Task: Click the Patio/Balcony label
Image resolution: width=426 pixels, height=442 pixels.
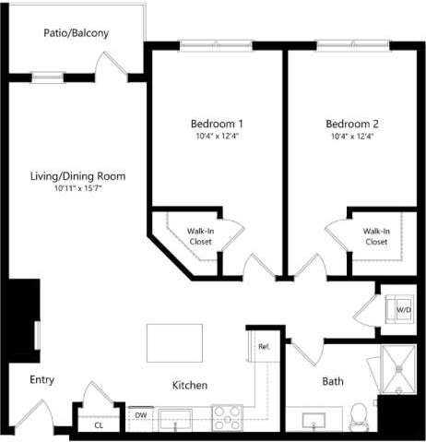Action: (x=77, y=33)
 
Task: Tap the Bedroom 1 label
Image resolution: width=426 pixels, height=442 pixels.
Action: (x=217, y=124)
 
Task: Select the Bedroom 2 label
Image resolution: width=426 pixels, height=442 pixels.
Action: (x=351, y=124)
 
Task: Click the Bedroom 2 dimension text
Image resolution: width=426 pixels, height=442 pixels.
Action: (x=351, y=137)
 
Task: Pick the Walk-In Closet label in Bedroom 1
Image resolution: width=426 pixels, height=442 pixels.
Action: (x=200, y=236)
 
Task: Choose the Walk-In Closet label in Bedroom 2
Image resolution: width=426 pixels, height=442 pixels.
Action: (x=375, y=236)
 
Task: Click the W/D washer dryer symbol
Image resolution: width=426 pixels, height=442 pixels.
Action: (x=403, y=310)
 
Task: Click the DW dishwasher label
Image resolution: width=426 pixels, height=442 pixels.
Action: (x=141, y=415)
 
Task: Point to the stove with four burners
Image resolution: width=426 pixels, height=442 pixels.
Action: (x=228, y=418)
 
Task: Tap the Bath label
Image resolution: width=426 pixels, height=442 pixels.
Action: (x=333, y=381)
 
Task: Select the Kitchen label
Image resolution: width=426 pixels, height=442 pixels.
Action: (x=189, y=385)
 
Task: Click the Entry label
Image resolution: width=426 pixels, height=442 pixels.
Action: (x=42, y=379)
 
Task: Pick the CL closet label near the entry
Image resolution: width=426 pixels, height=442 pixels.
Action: (x=98, y=425)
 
